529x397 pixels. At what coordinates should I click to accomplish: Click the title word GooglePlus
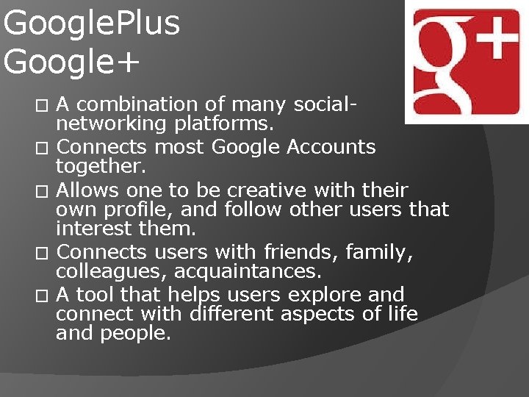(x=91, y=24)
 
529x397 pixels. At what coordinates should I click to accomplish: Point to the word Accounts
(x=331, y=147)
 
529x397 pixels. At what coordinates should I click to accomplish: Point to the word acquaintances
(x=247, y=271)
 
